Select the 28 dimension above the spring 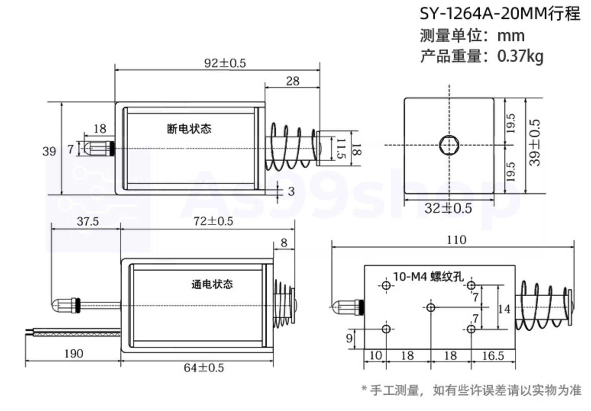292,81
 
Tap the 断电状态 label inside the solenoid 189,128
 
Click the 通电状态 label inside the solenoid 212,284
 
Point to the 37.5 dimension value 87,221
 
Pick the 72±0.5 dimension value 213,221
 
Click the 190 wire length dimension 73,353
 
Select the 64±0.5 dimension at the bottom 204,368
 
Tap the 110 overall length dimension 456,240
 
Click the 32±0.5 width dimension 448,208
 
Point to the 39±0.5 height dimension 535,143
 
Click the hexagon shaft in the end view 449,145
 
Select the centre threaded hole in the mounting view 431,307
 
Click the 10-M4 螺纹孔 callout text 428,276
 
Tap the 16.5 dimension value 492,356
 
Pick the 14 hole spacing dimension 504,308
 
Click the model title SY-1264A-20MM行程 500,14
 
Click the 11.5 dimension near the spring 340,149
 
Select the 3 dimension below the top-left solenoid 291,191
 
